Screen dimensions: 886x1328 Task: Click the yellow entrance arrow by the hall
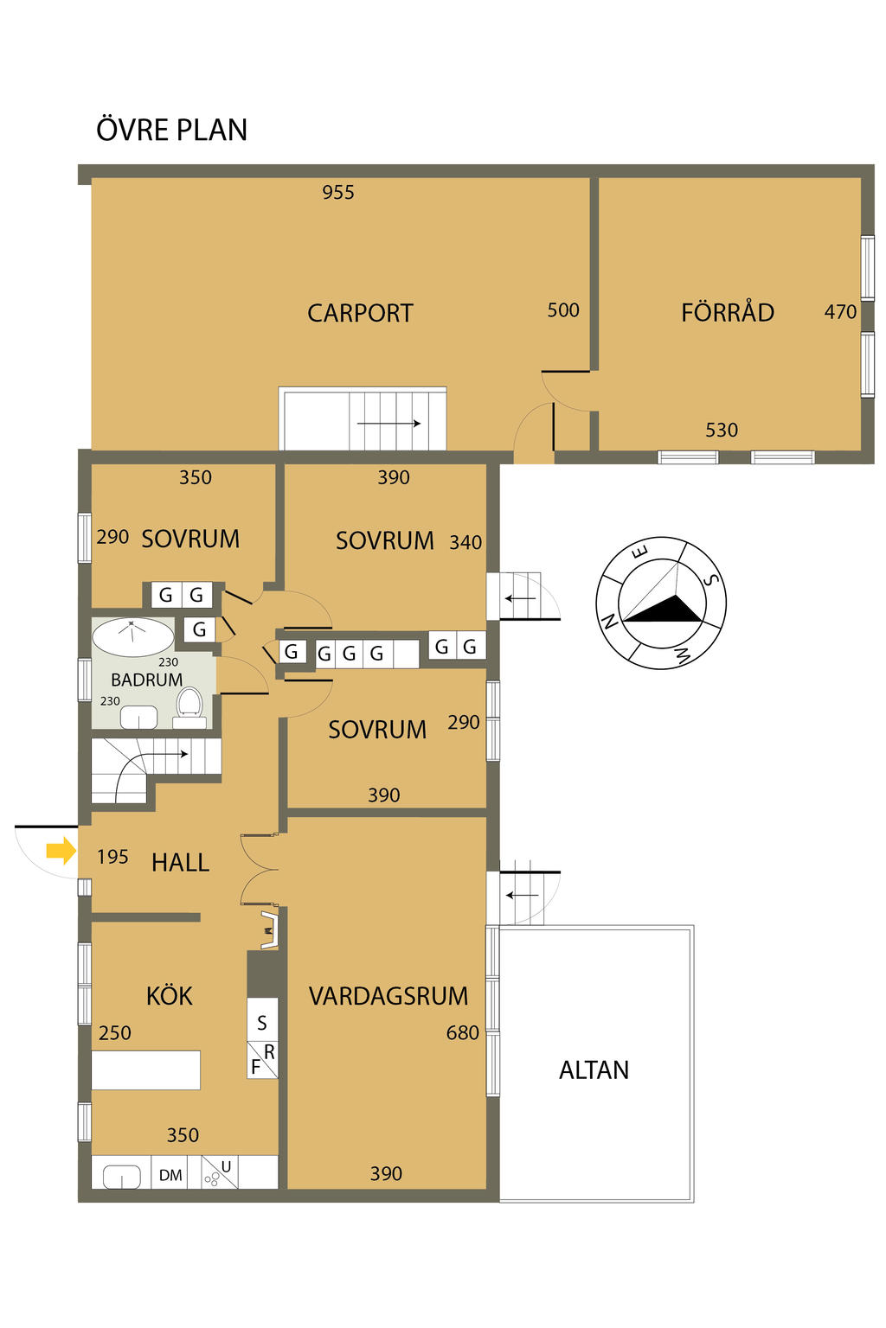[61, 852]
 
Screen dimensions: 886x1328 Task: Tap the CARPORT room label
[360, 313]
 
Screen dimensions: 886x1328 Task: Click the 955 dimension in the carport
[337, 192]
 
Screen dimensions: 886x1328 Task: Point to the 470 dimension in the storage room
[840, 312]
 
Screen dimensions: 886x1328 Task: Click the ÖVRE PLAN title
[171, 129]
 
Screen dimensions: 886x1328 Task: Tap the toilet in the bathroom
[189, 706]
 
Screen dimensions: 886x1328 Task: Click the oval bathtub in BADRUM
[133, 636]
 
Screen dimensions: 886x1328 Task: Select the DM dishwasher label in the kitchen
[170, 1174]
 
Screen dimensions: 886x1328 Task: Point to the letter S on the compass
[710, 580]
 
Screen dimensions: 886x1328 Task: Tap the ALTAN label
[594, 1070]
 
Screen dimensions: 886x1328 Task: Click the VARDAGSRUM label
[388, 996]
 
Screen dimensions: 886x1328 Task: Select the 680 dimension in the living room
[462, 1033]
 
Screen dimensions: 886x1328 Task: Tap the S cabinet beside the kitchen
[261, 1023]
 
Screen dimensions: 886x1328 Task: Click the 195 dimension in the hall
[112, 857]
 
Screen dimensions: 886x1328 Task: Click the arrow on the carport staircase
[388, 424]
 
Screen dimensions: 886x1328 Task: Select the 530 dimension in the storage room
[721, 430]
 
